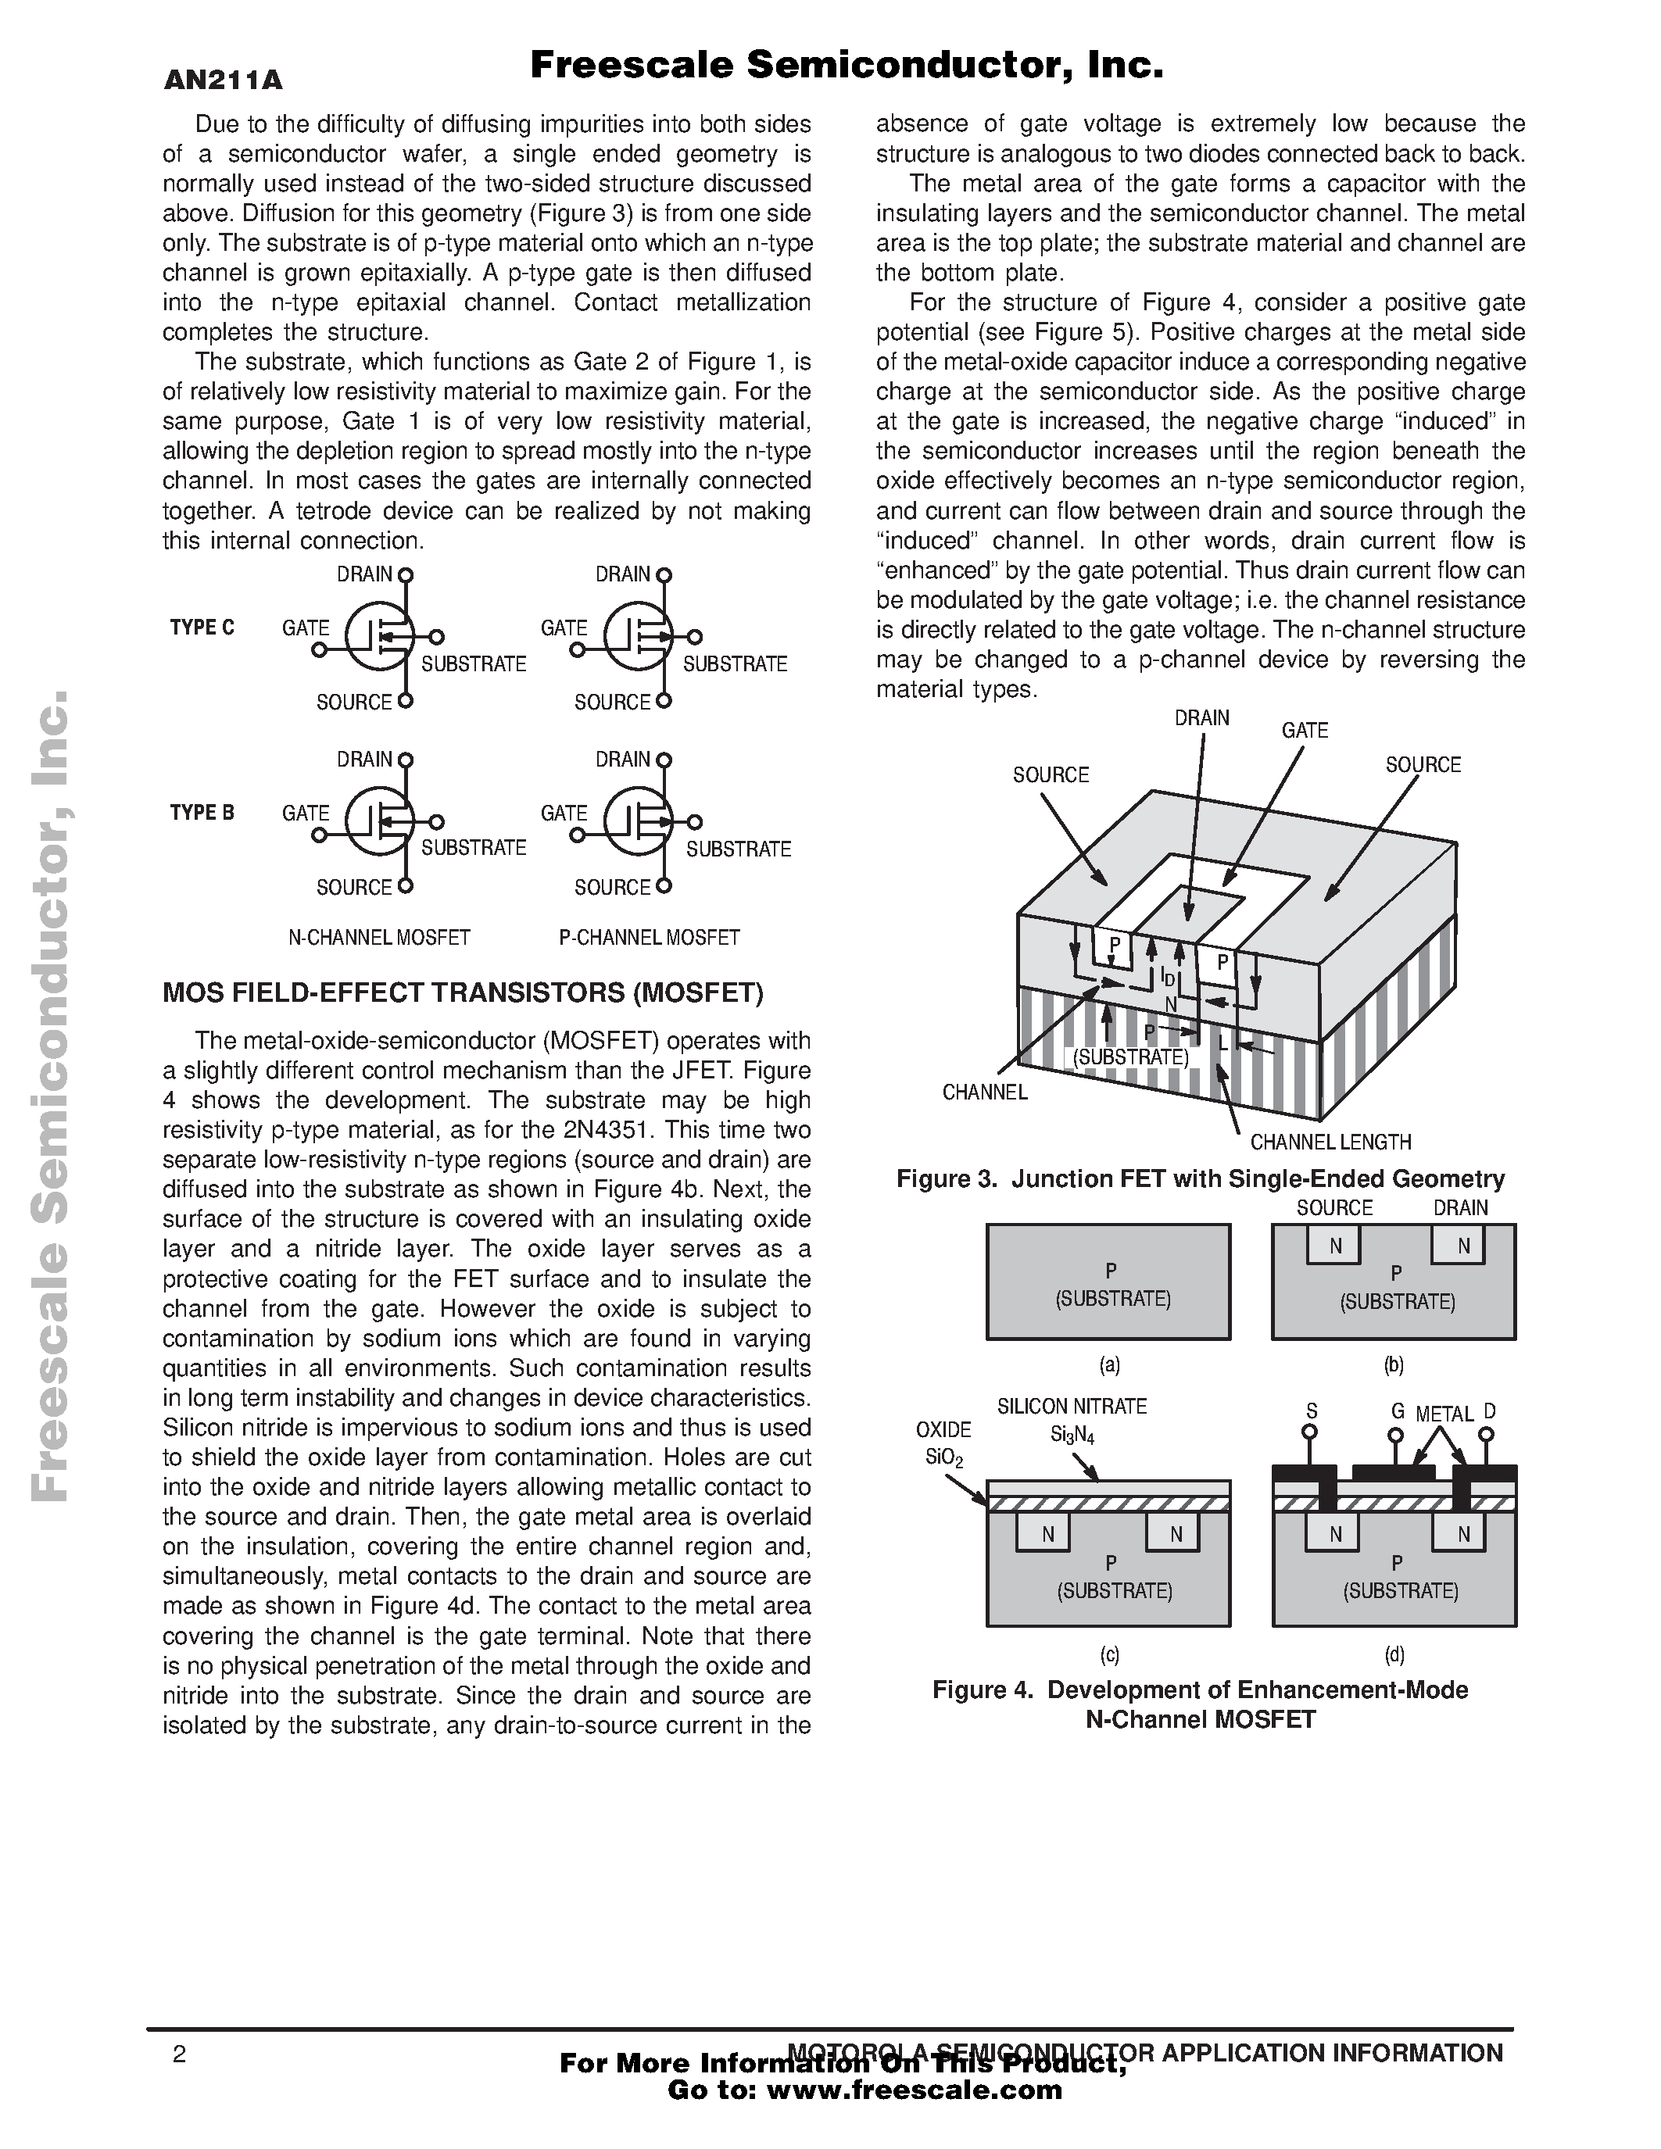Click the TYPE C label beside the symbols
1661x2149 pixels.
(202, 628)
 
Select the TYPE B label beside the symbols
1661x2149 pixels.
(202, 813)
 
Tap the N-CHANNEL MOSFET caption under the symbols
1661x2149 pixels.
(379, 938)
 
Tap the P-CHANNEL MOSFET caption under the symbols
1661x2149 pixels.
(650, 938)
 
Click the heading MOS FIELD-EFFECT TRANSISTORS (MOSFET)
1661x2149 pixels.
(463, 992)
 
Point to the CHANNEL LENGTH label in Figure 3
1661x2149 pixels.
(1330, 1142)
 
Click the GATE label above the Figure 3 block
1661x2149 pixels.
(1305, 730)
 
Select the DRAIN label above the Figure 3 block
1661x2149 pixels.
(1201, 718)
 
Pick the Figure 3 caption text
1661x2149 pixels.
(1201, 1178)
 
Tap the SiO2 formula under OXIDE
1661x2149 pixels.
(946, 1457)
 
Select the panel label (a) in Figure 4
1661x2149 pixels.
(1109, 1364)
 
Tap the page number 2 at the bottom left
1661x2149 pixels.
(179, 2055)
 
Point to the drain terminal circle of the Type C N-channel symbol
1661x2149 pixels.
(406, 574)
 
